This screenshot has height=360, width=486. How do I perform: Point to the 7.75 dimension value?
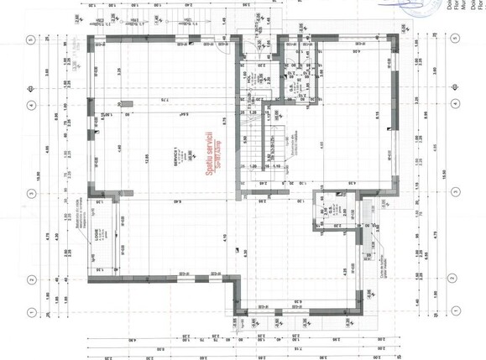click(179, 101)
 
